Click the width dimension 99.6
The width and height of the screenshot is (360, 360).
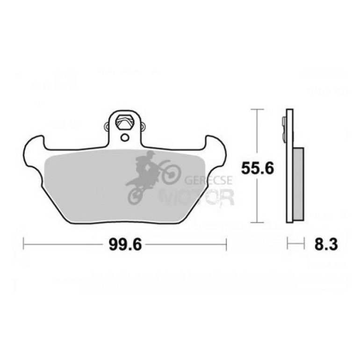click(x=125, y=245)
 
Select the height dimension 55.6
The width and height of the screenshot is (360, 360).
click(x=257, y=168)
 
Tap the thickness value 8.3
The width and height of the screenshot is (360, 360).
click(x=326, y=244)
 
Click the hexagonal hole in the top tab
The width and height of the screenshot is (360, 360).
click(x=125, y=122)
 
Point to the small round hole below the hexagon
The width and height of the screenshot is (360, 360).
click(x=125, y=137)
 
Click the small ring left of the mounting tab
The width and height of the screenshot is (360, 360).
click(x=106, y=126)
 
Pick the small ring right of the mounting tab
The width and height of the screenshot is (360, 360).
click(x=143, y=126)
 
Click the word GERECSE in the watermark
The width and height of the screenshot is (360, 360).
click(x=209, y=180)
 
